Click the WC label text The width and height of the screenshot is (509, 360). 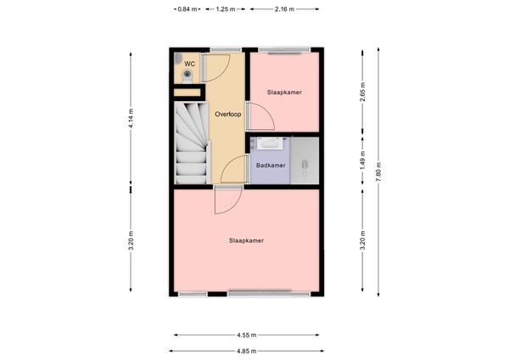pyautogui.click(x=190, y=63)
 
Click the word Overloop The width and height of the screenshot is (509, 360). pyautogui.click(x=227, y=113)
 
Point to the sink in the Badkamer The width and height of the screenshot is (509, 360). pyautogui.click(x=270, y=145)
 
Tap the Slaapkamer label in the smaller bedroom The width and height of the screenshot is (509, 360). pyautogui.click(x=284, y=92)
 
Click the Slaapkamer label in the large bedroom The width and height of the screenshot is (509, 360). pyautogui.click(x=246, y=240)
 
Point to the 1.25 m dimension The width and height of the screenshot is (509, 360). pyautogui.click(x=226, y=9)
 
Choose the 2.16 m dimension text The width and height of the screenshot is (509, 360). pyautogui.click(x=284, y=9)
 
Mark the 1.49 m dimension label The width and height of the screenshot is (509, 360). pyautogui.click(x=362, y=160)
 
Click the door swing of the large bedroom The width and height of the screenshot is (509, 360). pyautogui.click(x=225, y=201)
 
